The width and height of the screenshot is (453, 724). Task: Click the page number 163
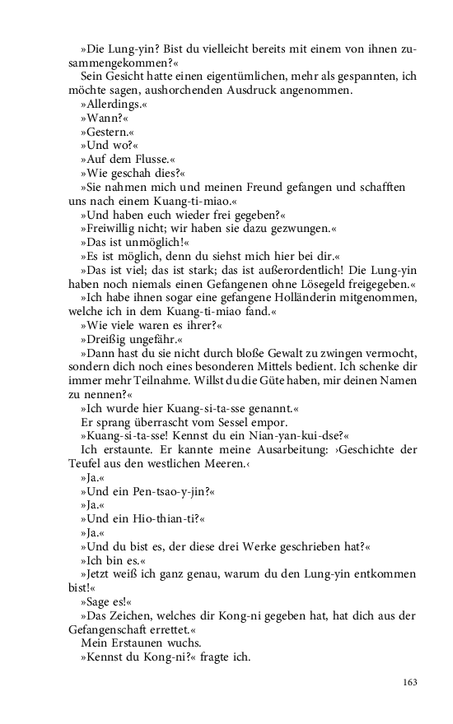[409, 682]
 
